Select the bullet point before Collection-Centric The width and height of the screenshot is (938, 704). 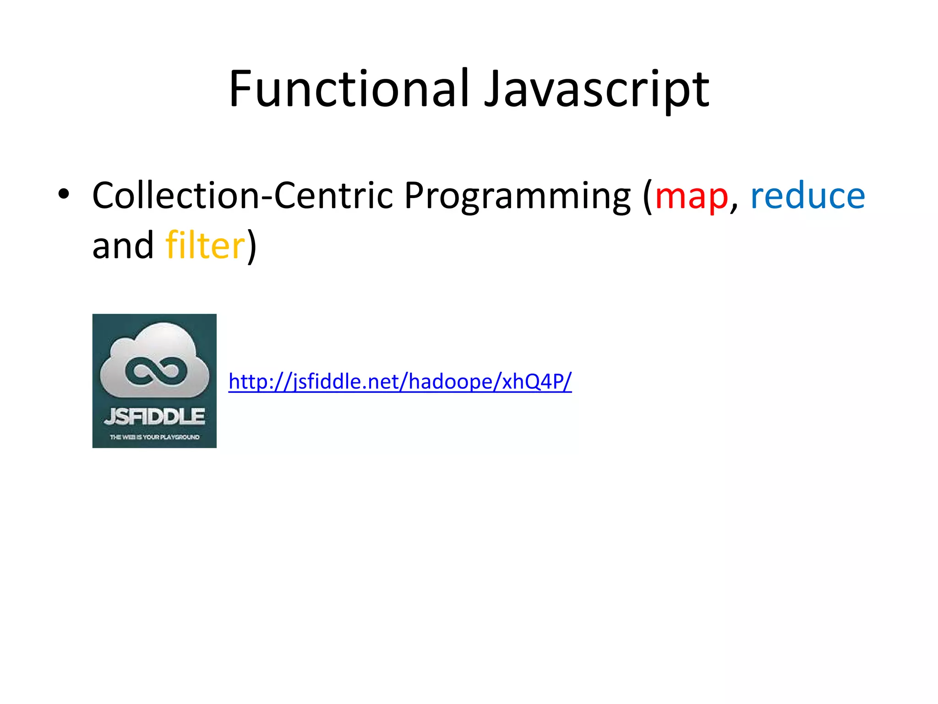coord(64,194)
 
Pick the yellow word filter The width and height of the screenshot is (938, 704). coord(205,246)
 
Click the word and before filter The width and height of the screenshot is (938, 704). coord(123,246)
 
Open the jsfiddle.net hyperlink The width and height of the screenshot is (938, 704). coord(400,381)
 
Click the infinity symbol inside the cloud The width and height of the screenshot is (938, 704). coord(156,370)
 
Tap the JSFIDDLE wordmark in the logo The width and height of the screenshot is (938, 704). coord(154,416)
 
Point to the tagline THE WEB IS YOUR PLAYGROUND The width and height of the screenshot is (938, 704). coord(154,437)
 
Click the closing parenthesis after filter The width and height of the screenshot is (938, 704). coord(252,247)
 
